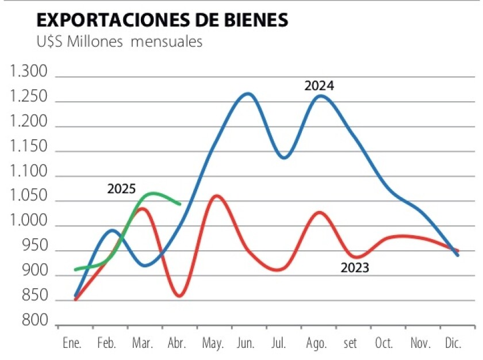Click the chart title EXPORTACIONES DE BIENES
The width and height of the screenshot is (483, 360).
coord(162,20)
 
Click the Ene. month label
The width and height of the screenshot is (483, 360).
coord(72,343)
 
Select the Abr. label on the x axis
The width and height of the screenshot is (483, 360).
coord(177,343)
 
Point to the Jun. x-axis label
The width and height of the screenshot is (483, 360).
coord(246,343)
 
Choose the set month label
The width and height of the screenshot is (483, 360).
coord(350,343)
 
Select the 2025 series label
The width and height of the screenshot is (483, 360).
coord(121,189)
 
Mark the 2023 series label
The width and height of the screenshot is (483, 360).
coord(355,267)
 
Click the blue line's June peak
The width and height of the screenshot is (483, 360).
coord(247,93)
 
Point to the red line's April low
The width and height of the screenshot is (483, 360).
coord(179,296)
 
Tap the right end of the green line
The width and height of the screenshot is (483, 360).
coord(180,204)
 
